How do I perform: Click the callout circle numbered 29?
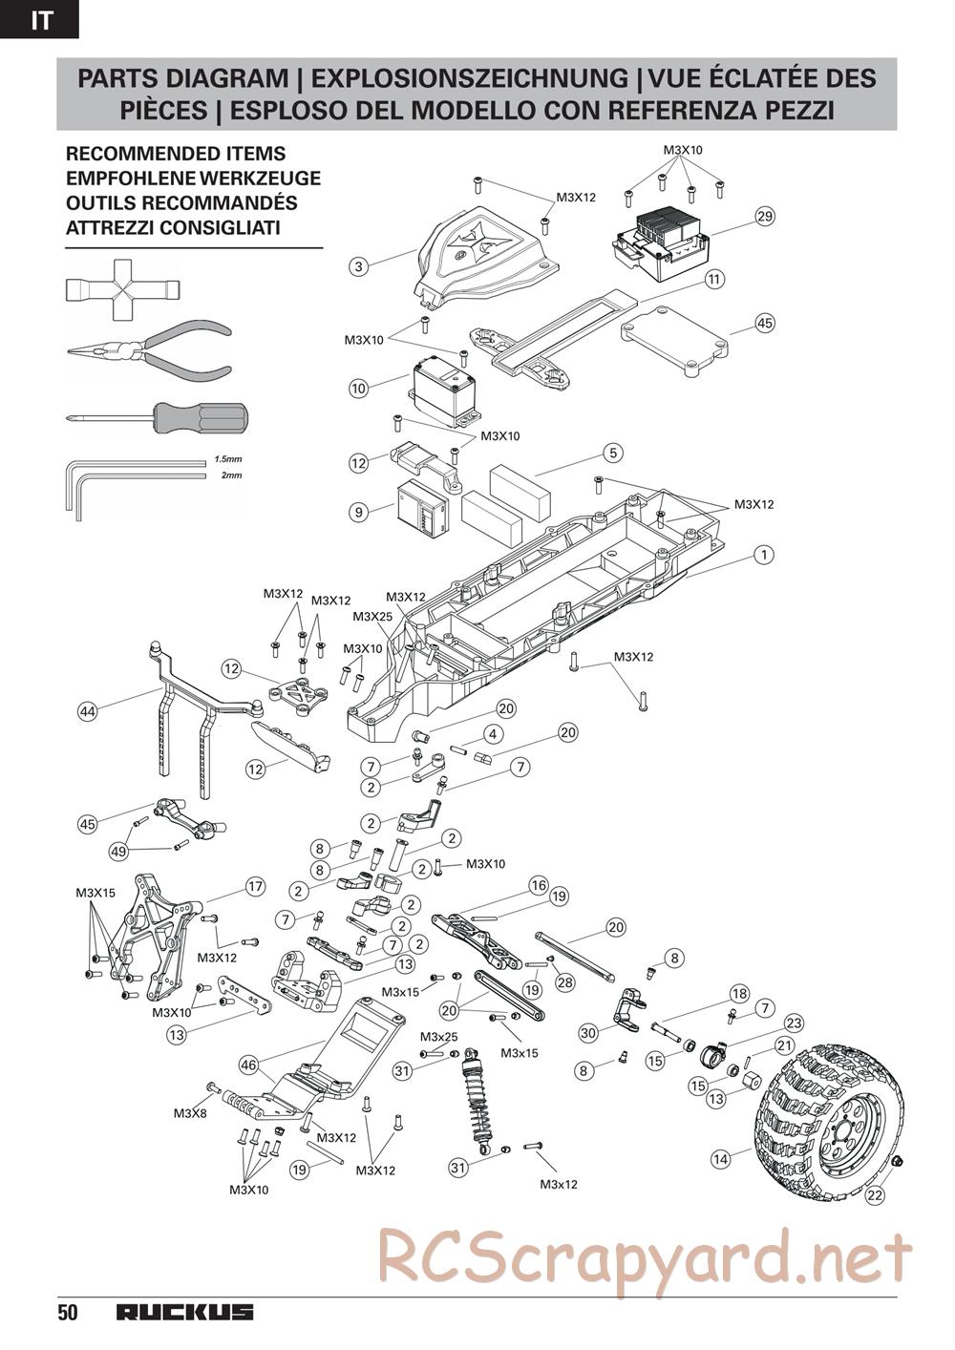pyautogui.click(x=764, y=216)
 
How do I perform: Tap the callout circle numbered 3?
pyautogui.click(x=359, y=266)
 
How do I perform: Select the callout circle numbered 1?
pyautogui.click(x=763, y=554)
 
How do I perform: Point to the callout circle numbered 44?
pyautogui.click(x=88, y=711)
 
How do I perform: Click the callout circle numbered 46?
pyautogui.click(x=248, y=1065)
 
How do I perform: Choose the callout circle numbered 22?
pyautogui.click(x=875, y=1192)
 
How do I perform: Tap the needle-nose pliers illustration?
pyautogui.click(x=150, y=350)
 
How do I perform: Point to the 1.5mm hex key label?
pyautogui.click(x=226, y=459)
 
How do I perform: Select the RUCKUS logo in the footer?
pyautogui.click(x=185, y=1312)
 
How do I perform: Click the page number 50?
pyautogui.click(x=67, y=1312)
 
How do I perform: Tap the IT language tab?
pyautogui.click(x=40, y=20)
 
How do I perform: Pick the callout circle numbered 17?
pyautogui.click(x=255, y=887)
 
